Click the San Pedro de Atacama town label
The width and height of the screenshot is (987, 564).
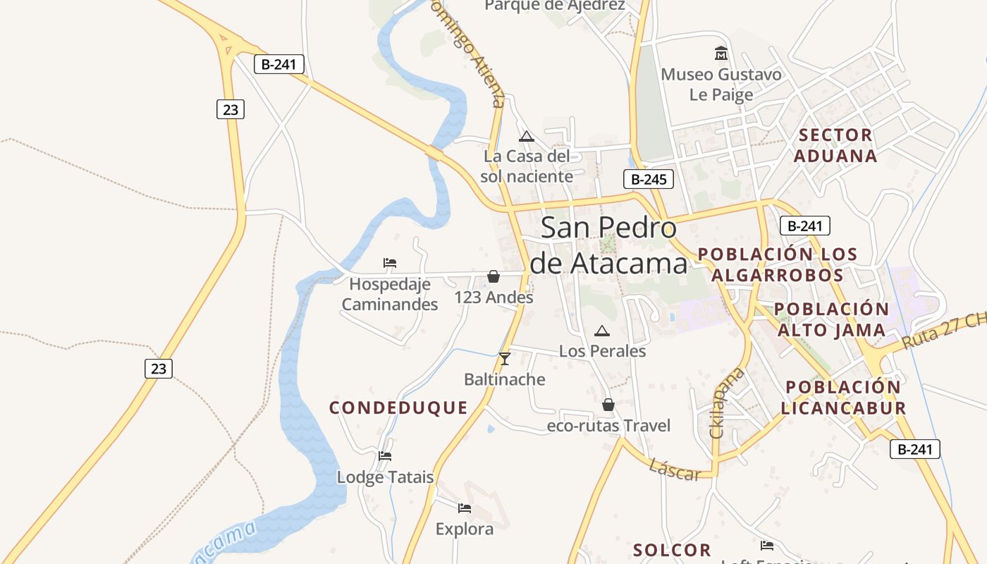point(608,245)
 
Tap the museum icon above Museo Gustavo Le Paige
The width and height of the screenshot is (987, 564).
point(721,53)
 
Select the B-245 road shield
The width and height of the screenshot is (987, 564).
point(649,179)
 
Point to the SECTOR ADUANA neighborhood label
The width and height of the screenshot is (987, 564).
point(835,145)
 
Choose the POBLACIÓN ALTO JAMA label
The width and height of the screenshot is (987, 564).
point(832,319)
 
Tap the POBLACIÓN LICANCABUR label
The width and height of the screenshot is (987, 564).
point(843,397)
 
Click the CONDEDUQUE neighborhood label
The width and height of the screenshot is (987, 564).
point(398,407)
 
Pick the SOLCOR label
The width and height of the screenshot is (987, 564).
point(672,550)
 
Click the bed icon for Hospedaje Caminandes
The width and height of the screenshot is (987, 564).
point(390,263)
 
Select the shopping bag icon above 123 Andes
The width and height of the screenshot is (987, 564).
point(493,276)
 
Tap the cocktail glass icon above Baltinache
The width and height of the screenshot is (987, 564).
point(504,359)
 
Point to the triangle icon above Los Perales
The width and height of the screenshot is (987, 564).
point(601,331)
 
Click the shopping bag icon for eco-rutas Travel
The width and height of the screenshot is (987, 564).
point(608,405)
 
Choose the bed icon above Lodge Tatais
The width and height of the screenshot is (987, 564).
point(385,456)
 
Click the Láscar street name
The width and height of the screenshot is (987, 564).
point(675,470)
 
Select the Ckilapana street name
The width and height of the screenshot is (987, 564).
point(718,403)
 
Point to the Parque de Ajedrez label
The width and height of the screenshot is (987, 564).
point(555,6)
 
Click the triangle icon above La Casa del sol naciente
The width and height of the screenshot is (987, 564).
point(526,136)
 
